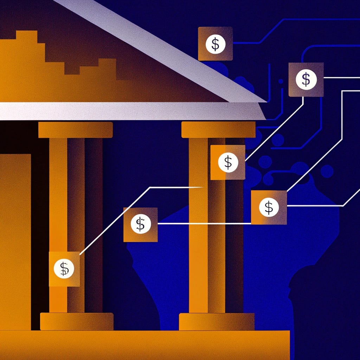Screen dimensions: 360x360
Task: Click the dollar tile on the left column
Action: tap(64, 269)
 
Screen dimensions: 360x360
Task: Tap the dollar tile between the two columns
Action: tap(140, 224)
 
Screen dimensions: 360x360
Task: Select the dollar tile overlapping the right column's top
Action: tap(228, 162)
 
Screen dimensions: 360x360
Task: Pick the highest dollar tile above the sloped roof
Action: tap(215, 44)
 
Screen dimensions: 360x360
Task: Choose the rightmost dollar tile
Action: tap(306, 79)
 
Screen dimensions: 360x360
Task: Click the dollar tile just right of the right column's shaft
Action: tap(269, 207)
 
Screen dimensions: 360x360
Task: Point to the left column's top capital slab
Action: tap(75, 130)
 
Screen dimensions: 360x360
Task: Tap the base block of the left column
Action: tap(77, 321)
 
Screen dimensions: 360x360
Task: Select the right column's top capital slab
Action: tap(218, 130)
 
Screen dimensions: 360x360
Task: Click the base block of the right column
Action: tap(217, 321)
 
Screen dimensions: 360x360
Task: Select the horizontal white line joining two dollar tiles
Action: tap(204, 223)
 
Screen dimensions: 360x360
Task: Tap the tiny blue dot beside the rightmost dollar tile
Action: tap(281, 81)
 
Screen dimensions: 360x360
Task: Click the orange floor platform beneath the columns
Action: tap(141, 345)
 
